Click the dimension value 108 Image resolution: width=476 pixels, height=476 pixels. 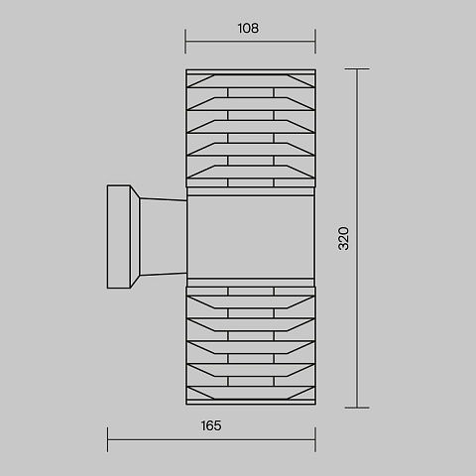pos(248,29)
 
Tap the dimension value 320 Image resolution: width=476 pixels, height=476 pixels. pos(344,238)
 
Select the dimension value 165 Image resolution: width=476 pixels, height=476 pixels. pos(211,425)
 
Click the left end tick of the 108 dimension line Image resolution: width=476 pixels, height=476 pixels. pos(185,42)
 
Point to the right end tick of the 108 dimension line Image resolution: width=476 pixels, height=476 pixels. pos(315,42)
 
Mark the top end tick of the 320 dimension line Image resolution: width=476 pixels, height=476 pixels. pos(357,68)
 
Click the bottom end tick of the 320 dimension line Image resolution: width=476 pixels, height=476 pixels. pos(357,408)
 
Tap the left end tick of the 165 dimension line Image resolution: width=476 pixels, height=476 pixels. pos(107,439)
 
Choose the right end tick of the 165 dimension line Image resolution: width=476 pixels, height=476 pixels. pos(315,439)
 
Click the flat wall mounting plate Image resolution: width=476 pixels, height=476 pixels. pos(119,237)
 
